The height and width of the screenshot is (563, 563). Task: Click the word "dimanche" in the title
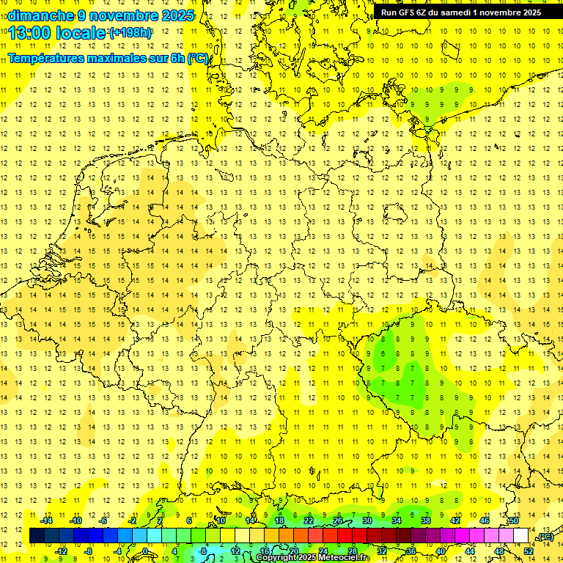[x=41, y=15]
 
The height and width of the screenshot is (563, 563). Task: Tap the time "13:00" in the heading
[x=34, y=33]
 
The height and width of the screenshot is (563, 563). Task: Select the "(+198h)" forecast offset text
[x=130, y=33]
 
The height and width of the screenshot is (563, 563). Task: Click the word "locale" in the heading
[x=83, y=33]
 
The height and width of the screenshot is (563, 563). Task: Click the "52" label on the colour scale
[x=529, y=551]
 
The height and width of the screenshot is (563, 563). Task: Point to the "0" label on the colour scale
[x=145, y=551]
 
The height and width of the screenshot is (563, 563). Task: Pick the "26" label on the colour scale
[x=337, y=520]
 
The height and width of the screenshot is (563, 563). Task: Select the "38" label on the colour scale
[x=425, y=520]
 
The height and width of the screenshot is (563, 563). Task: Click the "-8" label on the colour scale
[x=89, y=551]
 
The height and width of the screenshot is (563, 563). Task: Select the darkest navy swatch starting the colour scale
[x=37, y=535]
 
